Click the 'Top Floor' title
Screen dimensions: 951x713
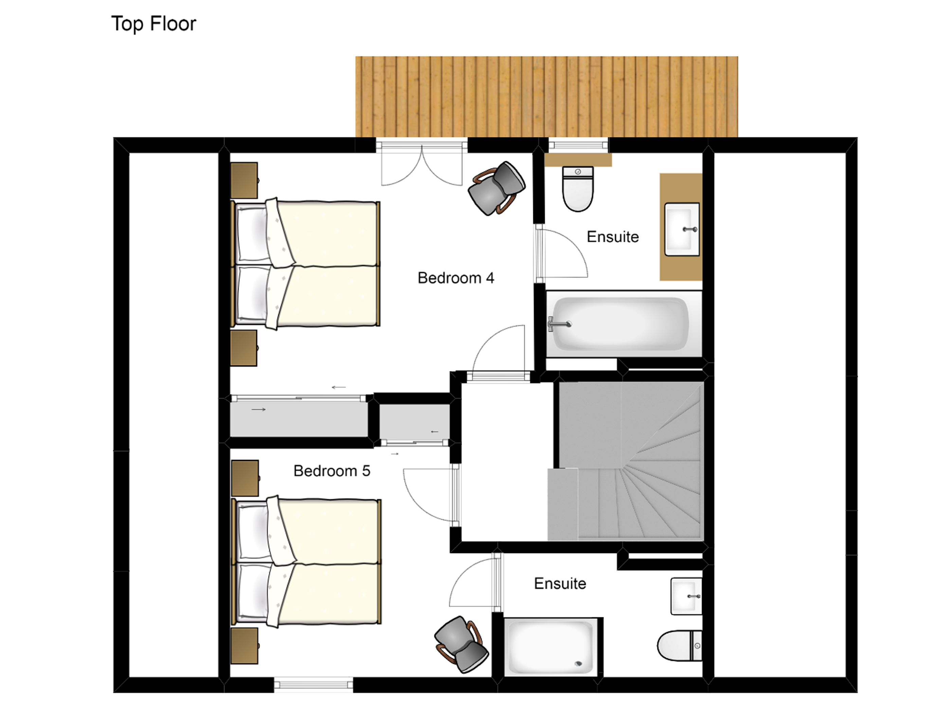pos(154,24)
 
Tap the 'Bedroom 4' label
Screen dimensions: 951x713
pos(456,278)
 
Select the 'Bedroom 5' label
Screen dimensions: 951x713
pos(332,471)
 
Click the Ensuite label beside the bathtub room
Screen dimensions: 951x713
pos(613,237)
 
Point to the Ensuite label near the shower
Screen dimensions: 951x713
pos(560,584)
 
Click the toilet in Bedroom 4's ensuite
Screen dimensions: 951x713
pos(578,189)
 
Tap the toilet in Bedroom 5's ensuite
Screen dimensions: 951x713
pos(680,645)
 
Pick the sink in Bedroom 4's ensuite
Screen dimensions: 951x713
pos(682,230)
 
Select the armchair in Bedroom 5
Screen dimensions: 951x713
pos(461,644)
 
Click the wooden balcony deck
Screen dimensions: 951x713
pos(546,97)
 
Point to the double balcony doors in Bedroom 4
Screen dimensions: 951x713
pos(422,165)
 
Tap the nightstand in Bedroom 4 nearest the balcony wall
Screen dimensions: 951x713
pos(244,181)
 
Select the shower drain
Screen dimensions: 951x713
pos(579,663)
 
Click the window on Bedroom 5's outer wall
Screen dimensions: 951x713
pos(313,684)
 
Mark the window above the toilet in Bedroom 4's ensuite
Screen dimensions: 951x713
pos(578,145)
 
